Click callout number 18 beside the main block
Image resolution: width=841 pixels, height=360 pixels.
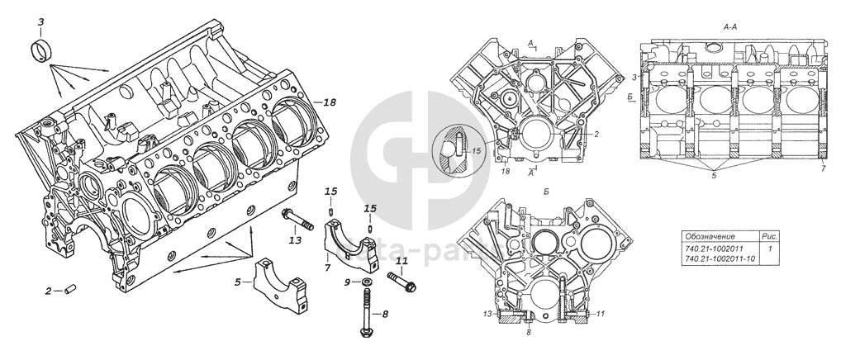pyautogui.click(x=330, y=102)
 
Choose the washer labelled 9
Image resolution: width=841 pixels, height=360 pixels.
pyautogui.click(x=365, y=283)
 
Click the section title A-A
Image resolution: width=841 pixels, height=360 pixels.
pyautogui.click(x=730, y=27)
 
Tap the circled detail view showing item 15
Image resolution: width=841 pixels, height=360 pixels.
pyautogui.click(x=457, y=150)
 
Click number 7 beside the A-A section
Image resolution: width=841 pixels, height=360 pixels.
pyautogui.click(x=823, y=168)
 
